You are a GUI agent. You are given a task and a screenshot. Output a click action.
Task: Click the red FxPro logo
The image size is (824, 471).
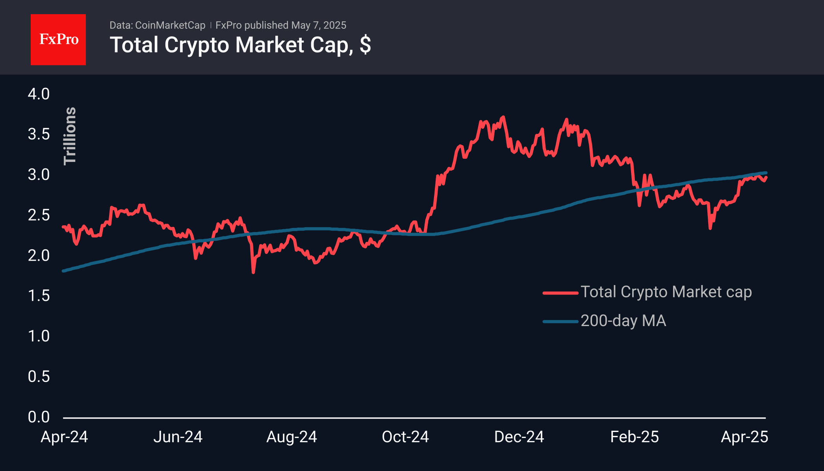tap(58, 39)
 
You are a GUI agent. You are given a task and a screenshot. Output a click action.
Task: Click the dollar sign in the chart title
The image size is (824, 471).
tap(365, 45)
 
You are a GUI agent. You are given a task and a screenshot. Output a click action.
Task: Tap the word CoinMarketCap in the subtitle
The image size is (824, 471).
tap(170, 25)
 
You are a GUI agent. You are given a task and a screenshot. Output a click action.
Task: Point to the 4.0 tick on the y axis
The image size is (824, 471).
tap(39, 94)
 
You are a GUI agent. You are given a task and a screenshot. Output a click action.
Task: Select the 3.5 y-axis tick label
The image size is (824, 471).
tap(39, 134)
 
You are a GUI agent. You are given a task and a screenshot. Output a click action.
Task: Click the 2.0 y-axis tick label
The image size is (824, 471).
tap(39, 256)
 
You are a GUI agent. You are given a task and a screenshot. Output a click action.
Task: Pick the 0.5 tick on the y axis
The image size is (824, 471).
tap(39, 376)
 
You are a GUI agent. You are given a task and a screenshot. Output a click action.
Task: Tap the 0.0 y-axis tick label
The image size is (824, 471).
tap(39, 417)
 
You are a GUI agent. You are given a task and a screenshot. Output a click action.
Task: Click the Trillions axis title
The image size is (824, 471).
tap(70, 136)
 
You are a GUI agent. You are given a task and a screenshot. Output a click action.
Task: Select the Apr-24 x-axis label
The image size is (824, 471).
tap(64, 437)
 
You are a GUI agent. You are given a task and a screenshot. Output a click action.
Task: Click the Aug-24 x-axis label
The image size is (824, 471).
tap(291, 437)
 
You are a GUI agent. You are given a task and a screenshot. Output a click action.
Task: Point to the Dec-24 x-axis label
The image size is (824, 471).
tap(519, 437)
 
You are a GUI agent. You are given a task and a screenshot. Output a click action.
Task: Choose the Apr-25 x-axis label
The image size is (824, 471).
tap(744, 437)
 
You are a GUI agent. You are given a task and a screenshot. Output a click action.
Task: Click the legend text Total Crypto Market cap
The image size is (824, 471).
tap(666, 292)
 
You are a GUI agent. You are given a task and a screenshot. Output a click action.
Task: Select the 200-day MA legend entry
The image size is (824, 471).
tap(623, 321)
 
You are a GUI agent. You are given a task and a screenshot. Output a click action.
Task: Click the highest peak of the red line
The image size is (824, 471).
tap(503, 117)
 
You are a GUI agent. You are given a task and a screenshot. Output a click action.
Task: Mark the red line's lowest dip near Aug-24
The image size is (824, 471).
tap(253, 272)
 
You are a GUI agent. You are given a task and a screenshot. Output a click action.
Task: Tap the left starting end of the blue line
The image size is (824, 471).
tap(63, 271)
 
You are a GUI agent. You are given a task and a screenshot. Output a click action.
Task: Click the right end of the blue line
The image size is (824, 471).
tap(766, 172)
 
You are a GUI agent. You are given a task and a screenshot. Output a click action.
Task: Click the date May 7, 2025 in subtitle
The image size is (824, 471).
tap(318, 25)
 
